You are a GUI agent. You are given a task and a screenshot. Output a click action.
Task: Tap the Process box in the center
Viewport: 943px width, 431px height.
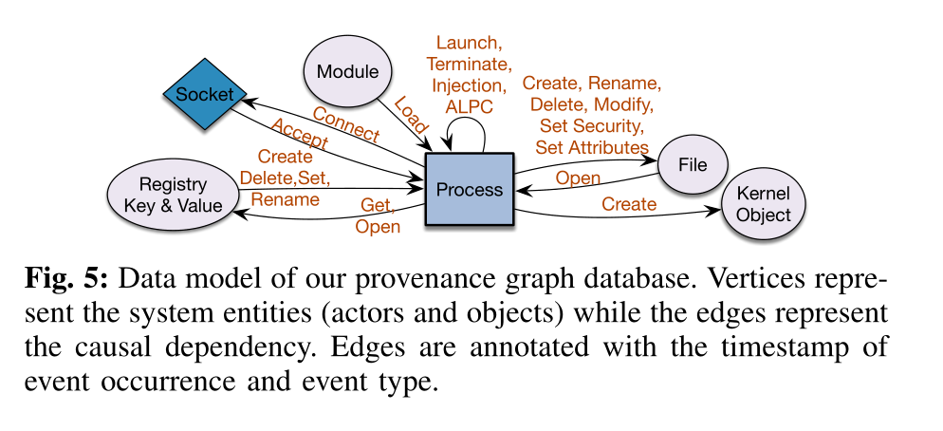tap(469, 190)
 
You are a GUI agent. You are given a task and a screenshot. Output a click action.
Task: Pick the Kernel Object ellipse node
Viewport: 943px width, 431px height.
tap(765, 205)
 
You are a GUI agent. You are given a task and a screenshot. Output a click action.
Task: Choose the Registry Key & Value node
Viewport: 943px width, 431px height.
tap(173, 194)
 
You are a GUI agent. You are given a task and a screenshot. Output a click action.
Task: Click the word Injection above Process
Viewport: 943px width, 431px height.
tap(471, 84)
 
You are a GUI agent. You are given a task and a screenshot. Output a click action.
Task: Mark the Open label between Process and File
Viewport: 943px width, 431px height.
tap(577, 178)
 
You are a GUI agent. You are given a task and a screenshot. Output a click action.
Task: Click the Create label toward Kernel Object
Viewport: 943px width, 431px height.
tap(628, 204)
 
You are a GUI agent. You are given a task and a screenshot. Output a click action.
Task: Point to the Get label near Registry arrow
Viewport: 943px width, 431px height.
tap(377, 205)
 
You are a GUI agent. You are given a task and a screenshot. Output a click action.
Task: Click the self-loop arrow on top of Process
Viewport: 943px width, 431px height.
tap(471, 132)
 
